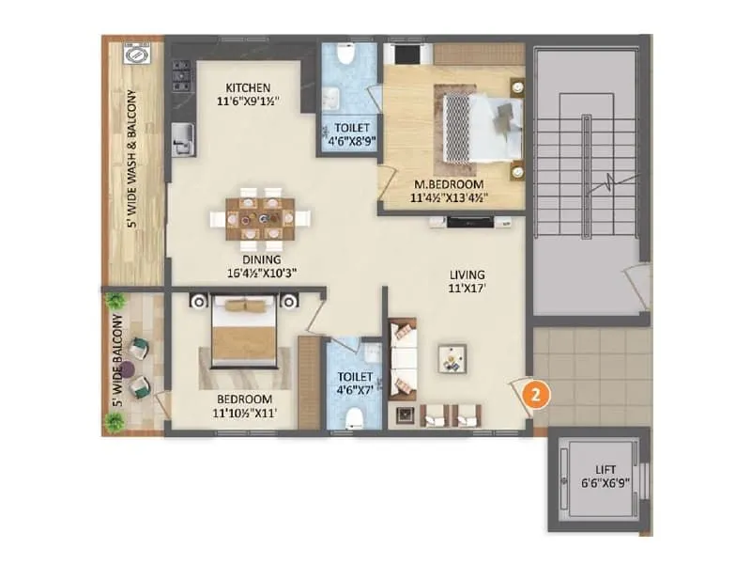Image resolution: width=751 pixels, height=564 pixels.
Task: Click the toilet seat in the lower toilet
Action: tap(353, 417)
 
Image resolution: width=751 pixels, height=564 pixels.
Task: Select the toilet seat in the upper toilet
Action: tap(344, 55)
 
